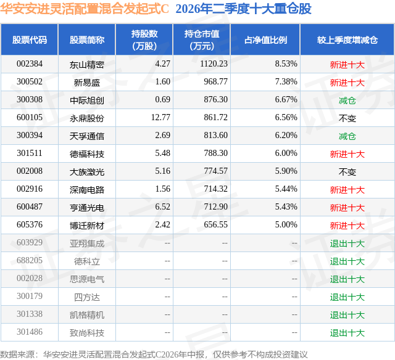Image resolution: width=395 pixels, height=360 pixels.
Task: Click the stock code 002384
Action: tap(30, 64)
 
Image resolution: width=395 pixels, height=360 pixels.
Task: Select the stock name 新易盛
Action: tap(87, 83)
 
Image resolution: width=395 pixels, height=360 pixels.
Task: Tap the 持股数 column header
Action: tap(144, 39)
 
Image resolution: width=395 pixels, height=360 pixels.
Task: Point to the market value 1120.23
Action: tap(214, 64)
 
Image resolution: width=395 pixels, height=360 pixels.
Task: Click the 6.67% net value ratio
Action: tap(286, 100)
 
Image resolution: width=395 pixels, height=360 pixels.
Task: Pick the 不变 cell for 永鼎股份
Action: tap(347, 118)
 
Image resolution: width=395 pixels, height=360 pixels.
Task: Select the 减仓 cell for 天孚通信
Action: tap(347, 136)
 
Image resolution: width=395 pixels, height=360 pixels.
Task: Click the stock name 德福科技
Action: tap(87, 154)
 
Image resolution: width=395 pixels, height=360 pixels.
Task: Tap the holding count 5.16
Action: tap(163, 171)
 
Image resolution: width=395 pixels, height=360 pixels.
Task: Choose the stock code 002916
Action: tap(30, 189)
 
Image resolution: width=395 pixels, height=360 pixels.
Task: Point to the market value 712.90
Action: tap(216, 207)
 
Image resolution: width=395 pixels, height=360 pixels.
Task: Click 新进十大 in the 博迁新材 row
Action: tap(347, 226)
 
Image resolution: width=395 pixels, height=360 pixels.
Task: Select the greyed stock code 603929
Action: tap(30, 242)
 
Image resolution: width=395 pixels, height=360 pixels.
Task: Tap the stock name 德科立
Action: tap(87, 261)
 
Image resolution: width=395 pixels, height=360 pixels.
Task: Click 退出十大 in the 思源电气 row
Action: tap(347, 279)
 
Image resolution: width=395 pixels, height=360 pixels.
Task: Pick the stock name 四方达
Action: tap(87, 297)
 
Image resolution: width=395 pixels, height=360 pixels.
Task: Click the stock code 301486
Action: tap(30, 332)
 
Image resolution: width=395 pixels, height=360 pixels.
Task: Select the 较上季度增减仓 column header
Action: tap(347, 40)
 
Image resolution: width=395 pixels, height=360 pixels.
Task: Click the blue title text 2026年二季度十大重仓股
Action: tap(243, 9)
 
